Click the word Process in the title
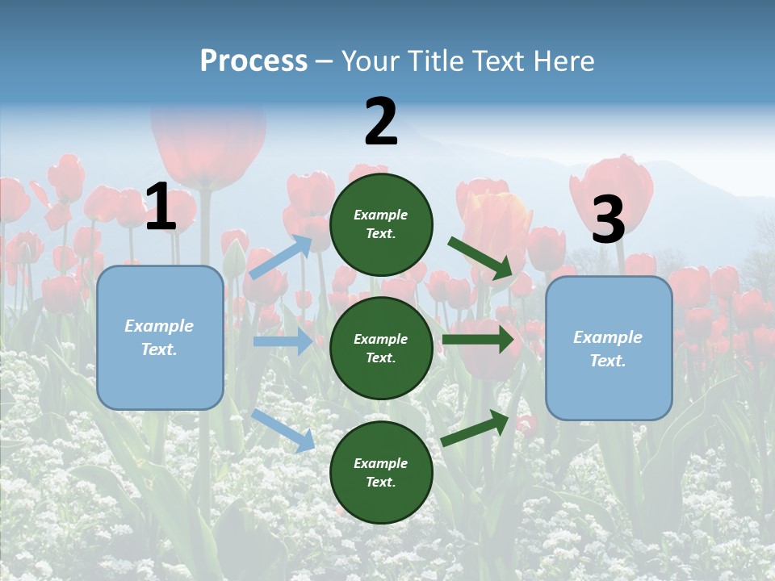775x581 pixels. [253, 61]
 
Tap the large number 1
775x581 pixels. [161, 207]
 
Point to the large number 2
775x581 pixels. [381, 122]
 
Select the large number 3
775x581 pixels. [608, 219]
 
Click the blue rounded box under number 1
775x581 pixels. [160, 337]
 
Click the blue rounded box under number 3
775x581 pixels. [609, 348]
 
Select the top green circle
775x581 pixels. [381, 224]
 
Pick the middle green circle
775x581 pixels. [381, 348]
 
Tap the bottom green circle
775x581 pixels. [381, 472]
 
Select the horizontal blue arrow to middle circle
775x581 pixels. [283, 341]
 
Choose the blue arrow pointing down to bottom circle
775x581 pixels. [283, 430]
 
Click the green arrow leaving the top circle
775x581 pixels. [480, 258]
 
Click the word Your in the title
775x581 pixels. [370, 61]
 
